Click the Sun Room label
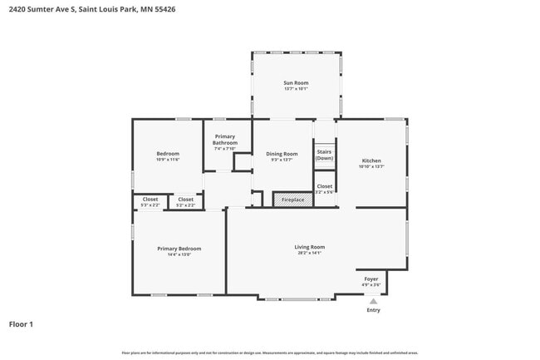point(296,83)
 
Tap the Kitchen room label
point(371,160)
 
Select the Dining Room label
point(282,154)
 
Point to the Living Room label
point(309,247)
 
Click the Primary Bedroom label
point(179,249)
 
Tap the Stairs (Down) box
point(324,155)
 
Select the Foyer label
point(371,279)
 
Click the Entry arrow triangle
point(373,301)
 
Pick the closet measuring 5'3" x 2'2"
point(150,202)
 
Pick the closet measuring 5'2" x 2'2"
point(186,202)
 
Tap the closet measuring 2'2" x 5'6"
point(324,189)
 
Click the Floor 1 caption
point(21,324)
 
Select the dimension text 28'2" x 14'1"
point(309,253)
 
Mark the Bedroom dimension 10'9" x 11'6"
point(168,160)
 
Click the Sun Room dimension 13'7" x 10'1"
point(296,89)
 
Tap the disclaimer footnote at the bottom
point(270,353)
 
